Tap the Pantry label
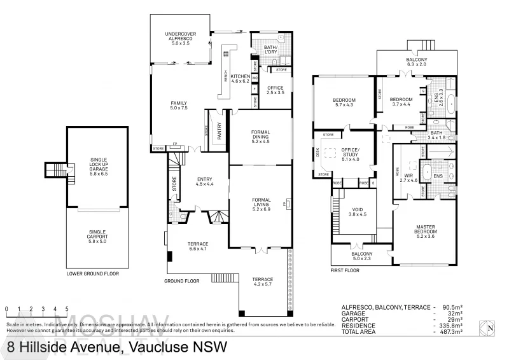pyautogui.click(x=219, y=135)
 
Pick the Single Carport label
pyautogui.click(x=97, y=235)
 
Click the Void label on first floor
pyautogui.click(x=358, y=212)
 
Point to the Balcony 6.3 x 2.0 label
pyautogui.click(x=417, y=62)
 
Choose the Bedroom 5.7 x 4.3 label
pyautogui.click(x=344, y=102)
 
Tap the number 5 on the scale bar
pyautogui.click(x=66, y=308)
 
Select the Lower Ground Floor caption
pyautogui.click(x=92, y=274)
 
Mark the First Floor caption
pyautogui.click(x=345, y=270)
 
